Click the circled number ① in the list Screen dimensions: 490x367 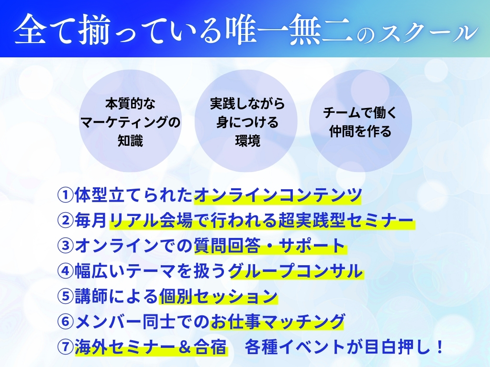coord(65,195)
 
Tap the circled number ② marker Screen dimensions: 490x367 coord(65,221)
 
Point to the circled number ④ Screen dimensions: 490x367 coord(65,271)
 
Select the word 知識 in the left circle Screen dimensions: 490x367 coord(130,141)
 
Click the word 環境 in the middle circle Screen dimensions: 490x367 coord(247,141)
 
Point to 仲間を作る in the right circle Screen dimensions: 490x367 coord(360,131)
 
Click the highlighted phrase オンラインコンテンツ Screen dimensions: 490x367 coord(278,195)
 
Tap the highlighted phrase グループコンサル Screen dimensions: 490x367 coord(296,271)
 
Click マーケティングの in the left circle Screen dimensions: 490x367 coord(130,122)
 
